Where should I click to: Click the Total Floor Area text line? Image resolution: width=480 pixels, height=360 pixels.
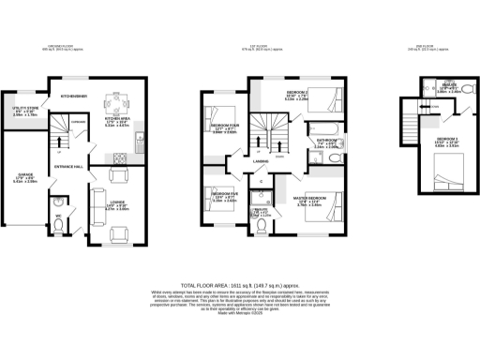pyautogui.click(x=239, y=284)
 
